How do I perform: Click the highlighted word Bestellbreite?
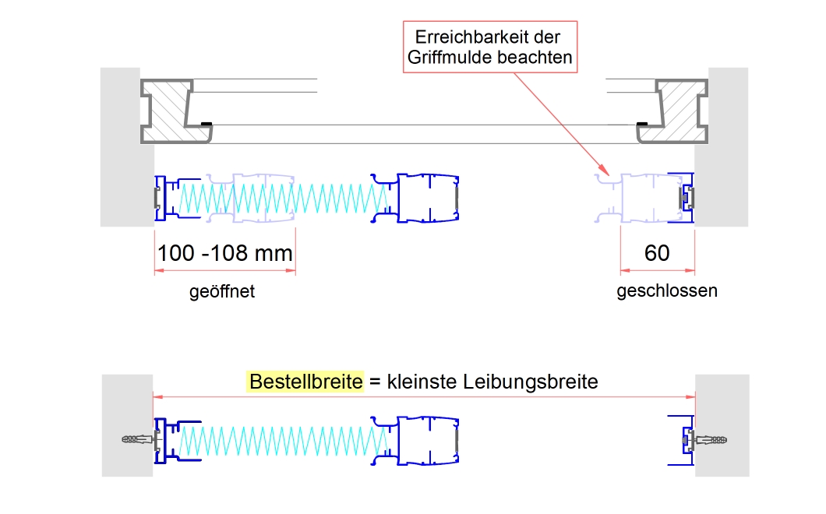coord(306,382)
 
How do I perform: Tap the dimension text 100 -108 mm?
coord(225,253)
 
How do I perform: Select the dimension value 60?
coord(657,253)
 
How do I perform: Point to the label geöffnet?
coord(222,292)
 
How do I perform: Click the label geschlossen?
coord(667,291)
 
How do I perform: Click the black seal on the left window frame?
coord(206,123)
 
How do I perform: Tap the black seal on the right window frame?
coord(642,123)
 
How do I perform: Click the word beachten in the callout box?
coord(538,57)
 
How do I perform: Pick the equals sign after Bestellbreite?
coord(374,382)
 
